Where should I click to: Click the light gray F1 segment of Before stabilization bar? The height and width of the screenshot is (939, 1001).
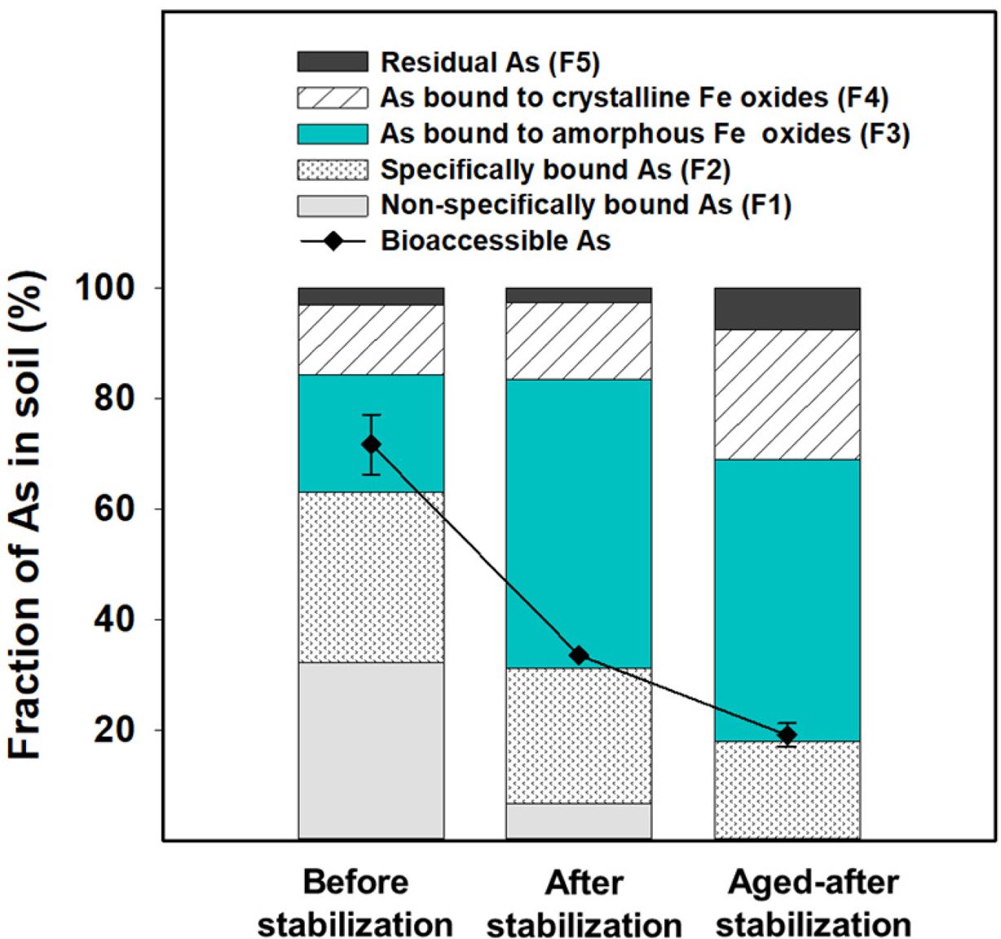point(371,750)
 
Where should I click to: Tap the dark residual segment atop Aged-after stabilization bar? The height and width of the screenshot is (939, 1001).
point(787,309)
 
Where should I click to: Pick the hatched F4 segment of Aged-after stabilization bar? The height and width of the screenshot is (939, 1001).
point(787,395)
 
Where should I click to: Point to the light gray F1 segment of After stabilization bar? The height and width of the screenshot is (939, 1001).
point(579,821)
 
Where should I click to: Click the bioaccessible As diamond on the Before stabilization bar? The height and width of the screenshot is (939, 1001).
point(371,444)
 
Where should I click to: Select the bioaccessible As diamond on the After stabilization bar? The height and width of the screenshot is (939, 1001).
point(579,655)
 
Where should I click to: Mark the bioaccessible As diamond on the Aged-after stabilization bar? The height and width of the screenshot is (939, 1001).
point(787,734)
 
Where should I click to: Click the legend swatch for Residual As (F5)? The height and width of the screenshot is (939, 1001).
point(333,62)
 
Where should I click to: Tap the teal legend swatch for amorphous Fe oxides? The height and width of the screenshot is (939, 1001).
point(333,134)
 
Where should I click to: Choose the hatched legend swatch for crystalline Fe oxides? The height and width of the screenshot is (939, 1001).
point(333,98)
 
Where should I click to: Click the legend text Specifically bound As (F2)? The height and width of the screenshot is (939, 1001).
point(555,170)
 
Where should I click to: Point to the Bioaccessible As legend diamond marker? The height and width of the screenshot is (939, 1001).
point(333,241)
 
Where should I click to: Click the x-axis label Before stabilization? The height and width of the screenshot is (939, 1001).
point(355,903)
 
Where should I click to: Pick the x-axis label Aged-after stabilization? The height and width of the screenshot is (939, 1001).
point(813,903)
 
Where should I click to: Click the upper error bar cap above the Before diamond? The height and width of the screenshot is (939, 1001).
point(371,415)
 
